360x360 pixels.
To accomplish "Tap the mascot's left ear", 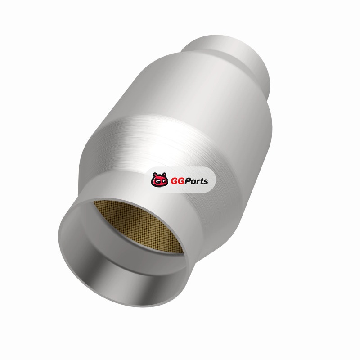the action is coord(155,175).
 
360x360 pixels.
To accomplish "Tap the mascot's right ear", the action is coord(164,175).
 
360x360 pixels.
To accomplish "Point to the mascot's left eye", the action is coord(156,182).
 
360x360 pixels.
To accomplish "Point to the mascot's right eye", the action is coord(163,182).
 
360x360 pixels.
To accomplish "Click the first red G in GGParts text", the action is coord(174,181).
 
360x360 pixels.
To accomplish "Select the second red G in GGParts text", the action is coord(181,181).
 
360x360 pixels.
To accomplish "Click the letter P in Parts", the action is coord(188,181).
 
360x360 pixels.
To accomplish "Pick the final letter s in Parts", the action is coord(206,182).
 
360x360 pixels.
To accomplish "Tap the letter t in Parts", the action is coord(201,182).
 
